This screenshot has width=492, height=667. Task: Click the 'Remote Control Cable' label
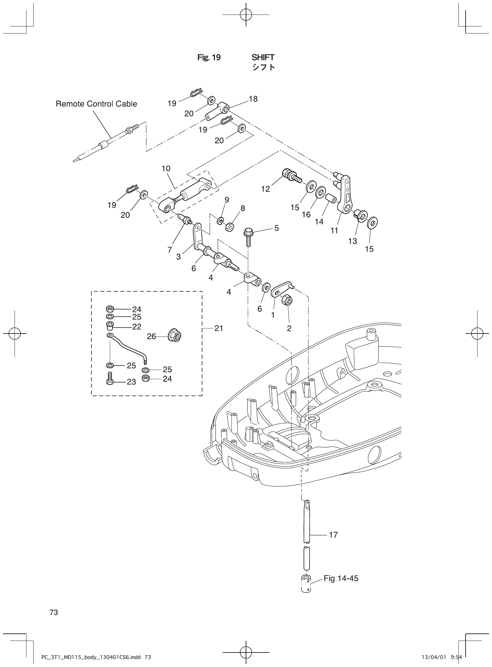point(96,104)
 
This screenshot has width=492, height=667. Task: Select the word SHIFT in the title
point(263,57)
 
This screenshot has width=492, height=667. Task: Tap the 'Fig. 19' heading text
point(209,58)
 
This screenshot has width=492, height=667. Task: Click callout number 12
point(265,189)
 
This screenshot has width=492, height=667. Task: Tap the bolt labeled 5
point(248,235)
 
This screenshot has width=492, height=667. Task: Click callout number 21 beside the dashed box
point(219,328)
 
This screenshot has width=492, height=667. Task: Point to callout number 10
point(166,169)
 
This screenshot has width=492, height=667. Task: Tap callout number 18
point(253,99)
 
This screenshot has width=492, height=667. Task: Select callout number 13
point(352,241)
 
